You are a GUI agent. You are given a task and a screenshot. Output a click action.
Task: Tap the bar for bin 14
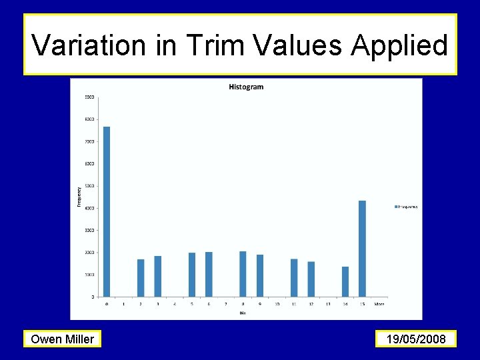(345, 281)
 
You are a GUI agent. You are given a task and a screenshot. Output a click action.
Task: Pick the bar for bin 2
(141, 278)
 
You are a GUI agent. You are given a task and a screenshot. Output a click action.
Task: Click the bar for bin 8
(243, 274)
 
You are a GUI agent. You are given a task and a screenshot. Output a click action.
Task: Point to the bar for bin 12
(311, 279)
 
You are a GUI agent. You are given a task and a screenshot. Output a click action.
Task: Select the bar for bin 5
(192, 275)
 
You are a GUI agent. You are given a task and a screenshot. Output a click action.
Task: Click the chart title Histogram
(246, 87)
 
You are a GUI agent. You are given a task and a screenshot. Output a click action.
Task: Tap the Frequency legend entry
(406, 207)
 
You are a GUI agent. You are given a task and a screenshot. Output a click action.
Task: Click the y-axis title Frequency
(79, 196)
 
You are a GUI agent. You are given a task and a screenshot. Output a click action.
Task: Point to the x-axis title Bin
(243, 311)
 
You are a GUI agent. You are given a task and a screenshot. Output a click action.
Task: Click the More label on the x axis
(379, 304)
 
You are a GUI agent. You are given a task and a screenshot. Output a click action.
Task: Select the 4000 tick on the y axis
(89, 208)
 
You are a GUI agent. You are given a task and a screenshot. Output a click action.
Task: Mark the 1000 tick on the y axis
(89, 275)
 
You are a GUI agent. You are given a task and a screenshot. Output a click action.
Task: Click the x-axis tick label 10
(277, 304)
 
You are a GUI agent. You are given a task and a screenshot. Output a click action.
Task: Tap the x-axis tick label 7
(226, 304)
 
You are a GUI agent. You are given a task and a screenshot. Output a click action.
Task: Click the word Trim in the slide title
(209, 45)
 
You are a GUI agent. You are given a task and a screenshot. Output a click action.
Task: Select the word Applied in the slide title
(399, 45)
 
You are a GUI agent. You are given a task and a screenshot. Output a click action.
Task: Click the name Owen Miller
(63, 339)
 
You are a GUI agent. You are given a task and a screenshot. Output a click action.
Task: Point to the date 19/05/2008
(416, 339)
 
